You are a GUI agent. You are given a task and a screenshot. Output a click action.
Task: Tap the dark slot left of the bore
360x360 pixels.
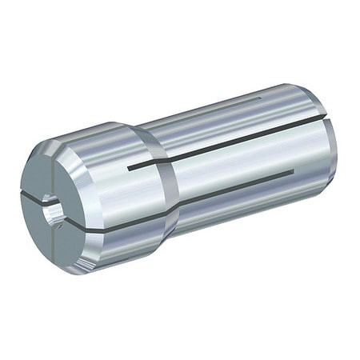click(34, 194)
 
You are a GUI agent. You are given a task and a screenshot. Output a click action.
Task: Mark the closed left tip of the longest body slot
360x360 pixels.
click(130, 168)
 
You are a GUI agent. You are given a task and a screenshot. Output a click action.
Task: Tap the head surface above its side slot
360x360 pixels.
click(120, 184)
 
